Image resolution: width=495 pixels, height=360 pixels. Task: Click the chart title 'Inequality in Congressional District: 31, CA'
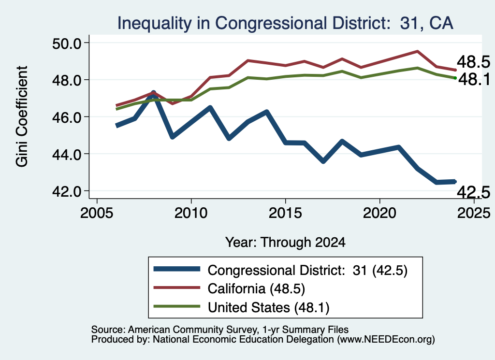click(285, 23)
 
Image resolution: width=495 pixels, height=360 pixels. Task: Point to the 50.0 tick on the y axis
click(67, 43)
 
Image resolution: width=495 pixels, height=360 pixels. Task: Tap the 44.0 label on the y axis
click(67, 154)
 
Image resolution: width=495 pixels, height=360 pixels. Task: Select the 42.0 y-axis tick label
click(67, 191)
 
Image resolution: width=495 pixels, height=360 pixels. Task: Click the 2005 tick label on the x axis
click(97, 213)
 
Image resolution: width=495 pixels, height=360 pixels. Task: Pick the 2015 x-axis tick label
click(285, 213)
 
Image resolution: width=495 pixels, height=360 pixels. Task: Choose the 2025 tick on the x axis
click(474, 213)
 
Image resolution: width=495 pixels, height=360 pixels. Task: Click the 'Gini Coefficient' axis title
click(22, 116)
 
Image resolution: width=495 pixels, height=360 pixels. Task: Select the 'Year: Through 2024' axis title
click(285, 242)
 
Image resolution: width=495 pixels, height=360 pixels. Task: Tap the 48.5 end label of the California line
click(474, 62)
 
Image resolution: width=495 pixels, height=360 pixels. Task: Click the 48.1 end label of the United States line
click(474, 79)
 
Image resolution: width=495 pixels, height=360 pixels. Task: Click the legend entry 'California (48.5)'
click(256, 288)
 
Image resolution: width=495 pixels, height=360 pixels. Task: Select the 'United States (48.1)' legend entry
click(269, 307)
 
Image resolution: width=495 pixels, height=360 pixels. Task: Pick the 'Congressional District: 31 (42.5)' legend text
click(307, 271)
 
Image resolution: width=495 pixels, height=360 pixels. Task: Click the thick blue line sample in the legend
click(177, 269)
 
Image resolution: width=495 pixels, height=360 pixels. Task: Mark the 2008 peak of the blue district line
click(153, 93)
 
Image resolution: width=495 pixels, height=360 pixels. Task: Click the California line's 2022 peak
click(417, 51)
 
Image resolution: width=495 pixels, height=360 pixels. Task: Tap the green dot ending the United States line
click(455, 78)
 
